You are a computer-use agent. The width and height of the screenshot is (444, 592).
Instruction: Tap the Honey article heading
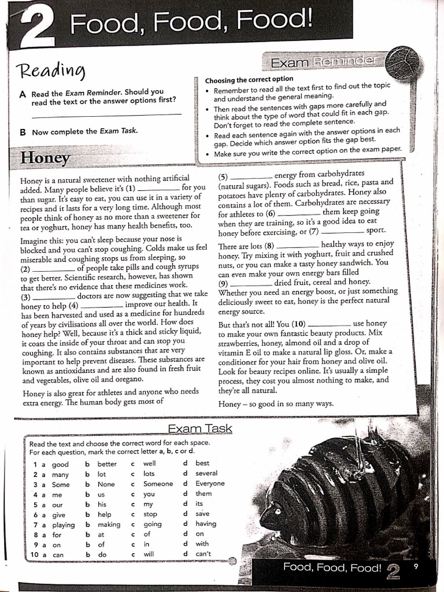point(45,158)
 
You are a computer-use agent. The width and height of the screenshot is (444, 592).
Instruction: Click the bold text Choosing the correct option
point(249,79)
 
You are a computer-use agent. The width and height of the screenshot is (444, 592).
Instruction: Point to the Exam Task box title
point(199,428)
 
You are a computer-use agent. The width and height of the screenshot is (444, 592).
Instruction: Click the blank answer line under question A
point(106,116)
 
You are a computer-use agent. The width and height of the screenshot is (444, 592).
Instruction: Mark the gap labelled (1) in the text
point(159,188)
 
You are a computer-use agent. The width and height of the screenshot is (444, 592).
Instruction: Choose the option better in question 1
point(106,464)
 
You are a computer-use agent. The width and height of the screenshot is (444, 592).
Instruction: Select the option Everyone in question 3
point(210,483)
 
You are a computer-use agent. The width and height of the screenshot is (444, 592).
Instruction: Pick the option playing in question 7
point(63,524)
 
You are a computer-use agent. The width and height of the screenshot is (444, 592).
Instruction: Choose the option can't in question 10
point(203,554)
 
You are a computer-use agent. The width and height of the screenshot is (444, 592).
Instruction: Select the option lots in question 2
point(149,473)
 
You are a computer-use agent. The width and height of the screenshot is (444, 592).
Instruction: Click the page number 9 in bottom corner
point(415,567)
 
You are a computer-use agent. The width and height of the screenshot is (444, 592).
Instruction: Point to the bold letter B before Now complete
point(23,132)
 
